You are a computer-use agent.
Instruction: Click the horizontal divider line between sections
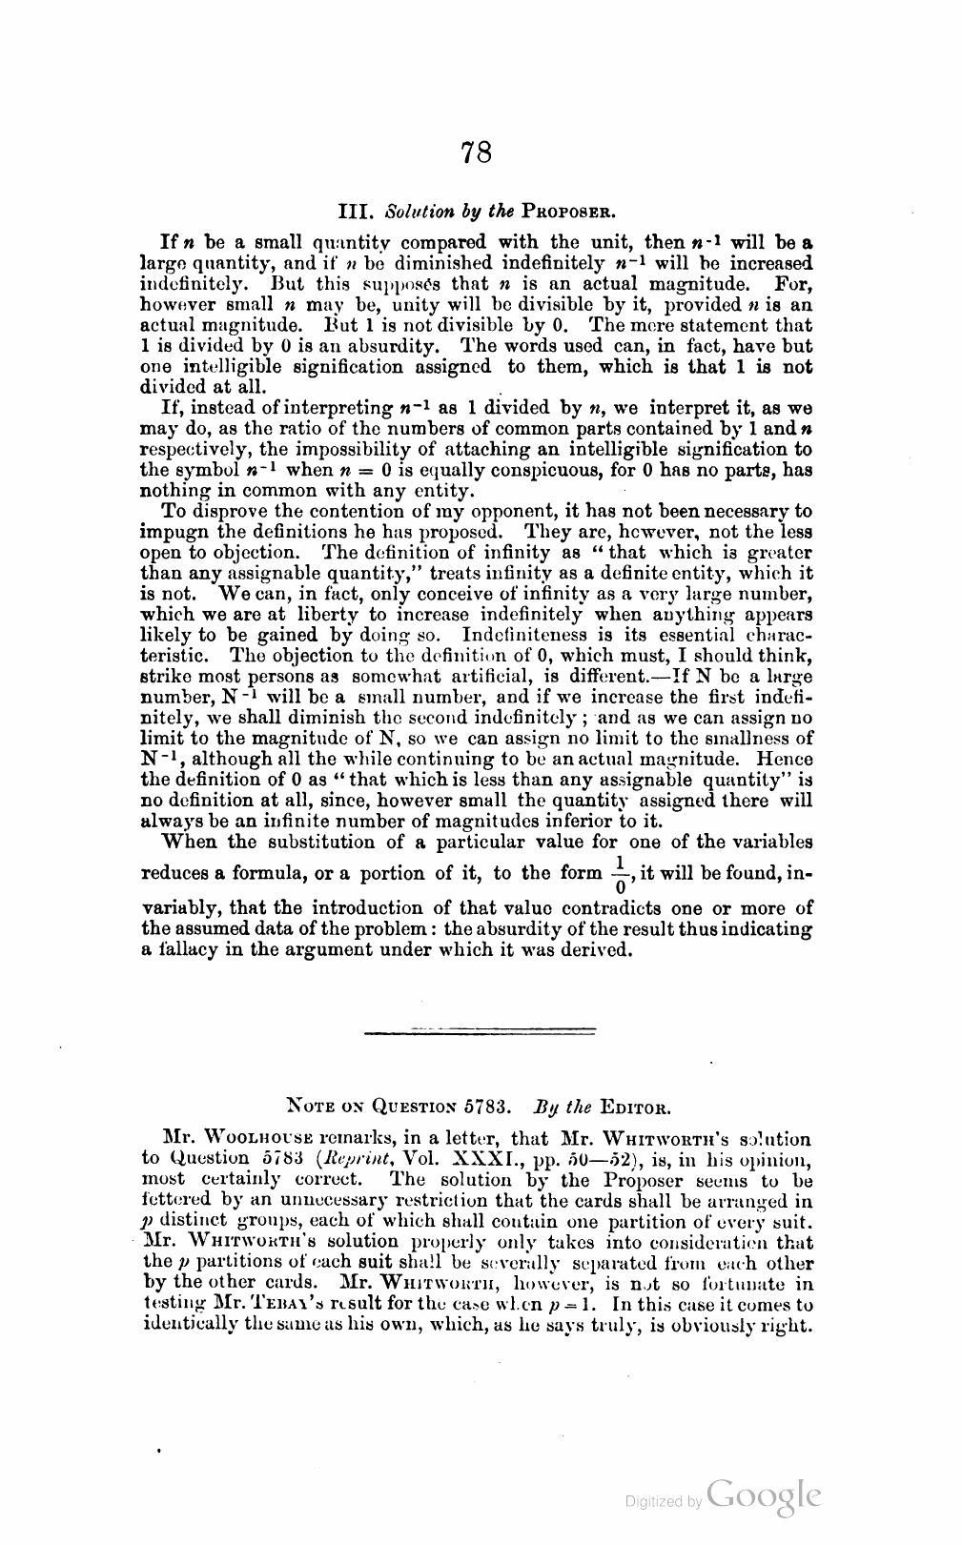point(481,1030)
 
